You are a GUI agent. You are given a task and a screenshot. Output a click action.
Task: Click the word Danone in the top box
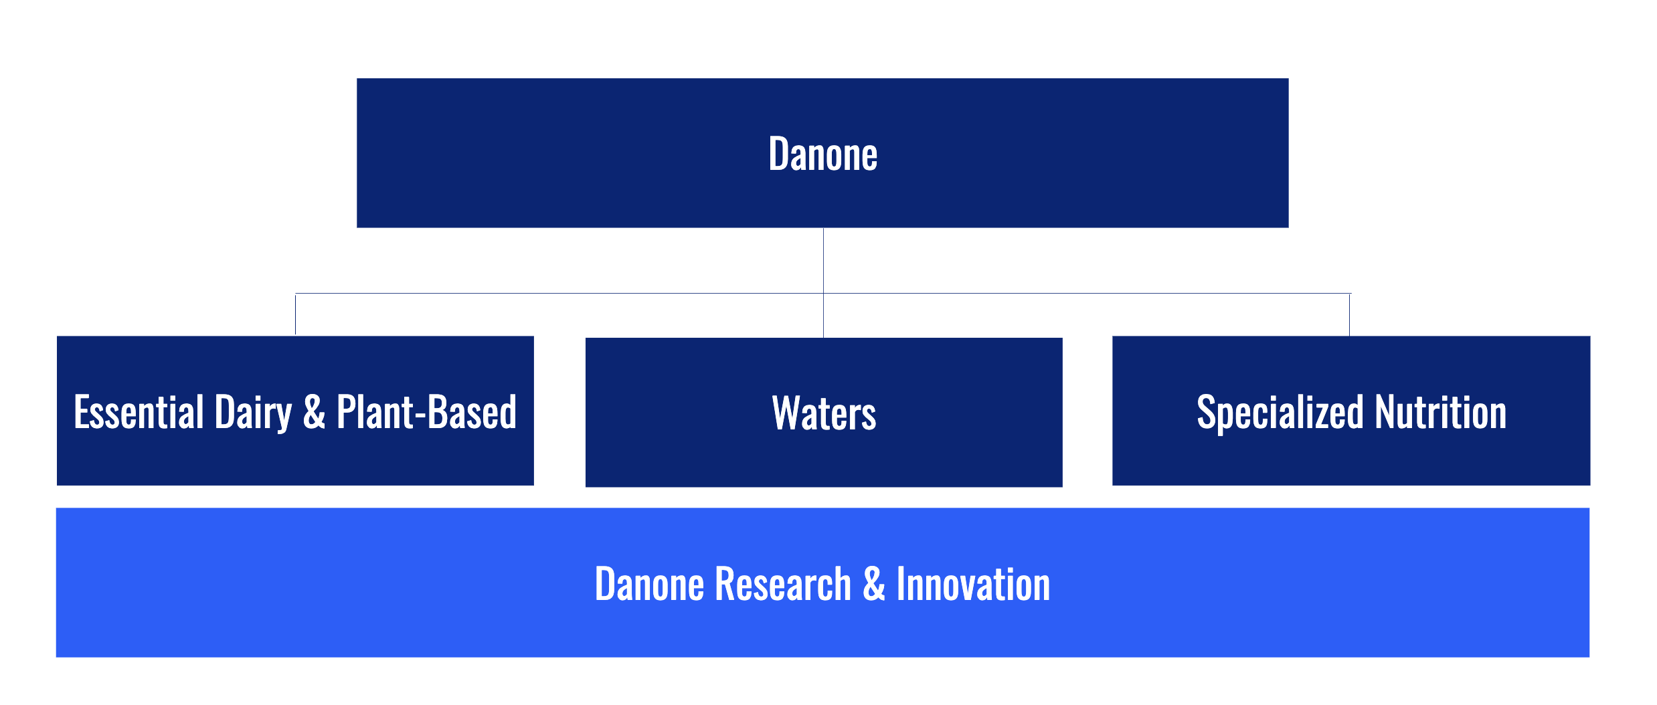(x=822, y=154)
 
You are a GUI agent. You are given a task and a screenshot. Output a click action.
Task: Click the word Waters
(x=824, y=413)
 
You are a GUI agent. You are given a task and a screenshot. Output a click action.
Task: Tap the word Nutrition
(x=1441, y=412)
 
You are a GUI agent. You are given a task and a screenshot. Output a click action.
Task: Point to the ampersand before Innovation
(x=874, y=584)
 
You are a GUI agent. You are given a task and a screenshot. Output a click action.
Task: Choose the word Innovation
(x=973, y=584)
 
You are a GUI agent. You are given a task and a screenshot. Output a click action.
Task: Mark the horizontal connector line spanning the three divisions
(x=823, y=293)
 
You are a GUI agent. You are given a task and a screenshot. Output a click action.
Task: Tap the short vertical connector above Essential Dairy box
(x=295, y=314)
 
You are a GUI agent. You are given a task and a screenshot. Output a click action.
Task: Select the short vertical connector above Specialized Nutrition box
(x=1349, y=314)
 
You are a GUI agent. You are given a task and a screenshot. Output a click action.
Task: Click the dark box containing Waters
(x=824, y=412)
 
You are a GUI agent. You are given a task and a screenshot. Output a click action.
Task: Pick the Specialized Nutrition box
(x=1351, y=411)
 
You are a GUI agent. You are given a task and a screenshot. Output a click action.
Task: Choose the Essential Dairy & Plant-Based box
(x=295, y=411)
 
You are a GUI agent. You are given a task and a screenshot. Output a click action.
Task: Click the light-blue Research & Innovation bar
(x=822, y=583)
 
